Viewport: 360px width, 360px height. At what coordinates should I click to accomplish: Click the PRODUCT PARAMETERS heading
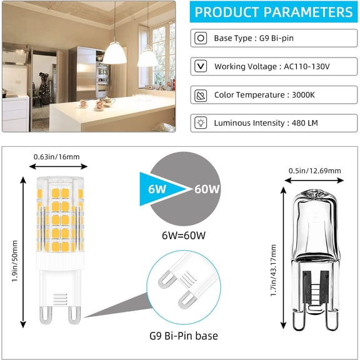coord(274,12)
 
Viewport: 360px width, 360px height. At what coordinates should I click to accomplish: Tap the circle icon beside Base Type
coord(201,38)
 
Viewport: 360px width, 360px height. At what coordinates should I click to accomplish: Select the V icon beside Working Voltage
coord(201,66)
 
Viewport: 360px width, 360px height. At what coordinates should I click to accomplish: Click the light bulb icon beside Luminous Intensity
coord(201,123)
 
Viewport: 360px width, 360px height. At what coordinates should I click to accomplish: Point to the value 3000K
coord(303,95)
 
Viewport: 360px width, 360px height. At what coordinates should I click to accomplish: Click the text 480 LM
coord(305,123)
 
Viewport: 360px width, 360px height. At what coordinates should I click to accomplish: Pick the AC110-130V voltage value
coord(307,67)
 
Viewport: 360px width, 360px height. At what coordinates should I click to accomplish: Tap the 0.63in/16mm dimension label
coord(57,157)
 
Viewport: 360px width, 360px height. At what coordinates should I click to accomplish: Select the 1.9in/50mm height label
coord(15,261)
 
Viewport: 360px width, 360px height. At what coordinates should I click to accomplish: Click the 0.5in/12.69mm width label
coord(314,171)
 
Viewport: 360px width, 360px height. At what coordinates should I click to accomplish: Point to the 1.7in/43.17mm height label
coord(273,270)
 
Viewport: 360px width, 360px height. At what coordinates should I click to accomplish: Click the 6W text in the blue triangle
coord(157,189)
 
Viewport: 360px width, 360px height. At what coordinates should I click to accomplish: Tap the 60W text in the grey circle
coord(207,189)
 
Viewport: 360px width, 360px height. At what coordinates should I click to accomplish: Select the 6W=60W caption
coord(184,236)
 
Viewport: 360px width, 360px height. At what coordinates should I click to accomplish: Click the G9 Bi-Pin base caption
coord(184,336)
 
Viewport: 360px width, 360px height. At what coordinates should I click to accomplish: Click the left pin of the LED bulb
coord(46,316)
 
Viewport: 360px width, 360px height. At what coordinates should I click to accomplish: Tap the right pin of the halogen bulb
coord(332,320)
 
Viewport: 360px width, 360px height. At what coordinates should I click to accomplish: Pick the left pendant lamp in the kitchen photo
coord(114,53)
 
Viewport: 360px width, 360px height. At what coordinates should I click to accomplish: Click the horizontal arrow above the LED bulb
coord(58,166)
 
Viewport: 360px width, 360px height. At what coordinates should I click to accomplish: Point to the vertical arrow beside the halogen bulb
coord(284,258)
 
